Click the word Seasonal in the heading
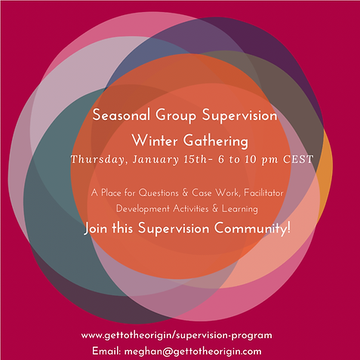122,115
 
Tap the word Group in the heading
176,116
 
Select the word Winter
155,140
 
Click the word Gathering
216,141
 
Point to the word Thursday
98,159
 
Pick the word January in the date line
155,160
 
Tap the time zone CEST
298,159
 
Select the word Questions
158,193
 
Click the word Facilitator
263,193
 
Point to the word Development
143,209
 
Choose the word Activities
191,209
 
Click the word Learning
240,209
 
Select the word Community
251,229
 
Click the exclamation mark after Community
289,228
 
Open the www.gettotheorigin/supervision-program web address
177,336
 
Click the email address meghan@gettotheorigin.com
192,352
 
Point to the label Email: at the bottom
106,351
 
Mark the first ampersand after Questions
185,193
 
